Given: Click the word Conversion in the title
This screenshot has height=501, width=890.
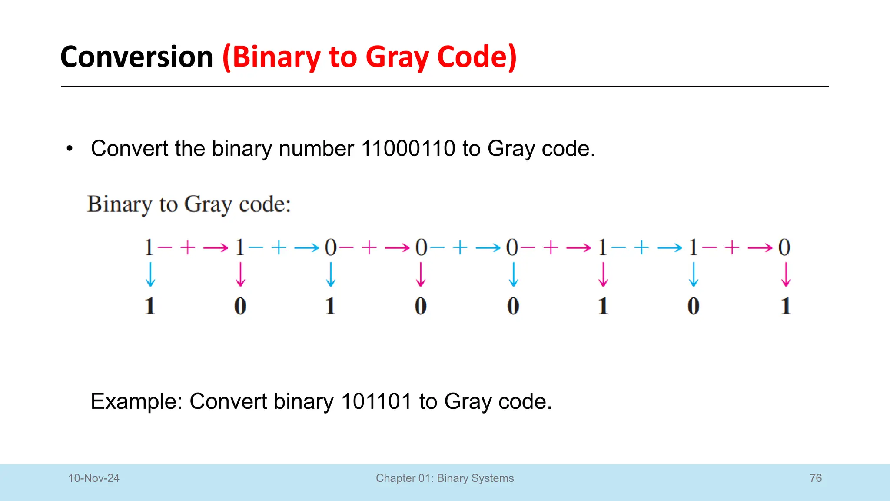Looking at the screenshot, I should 136,57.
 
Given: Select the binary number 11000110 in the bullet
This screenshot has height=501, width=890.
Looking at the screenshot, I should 408,149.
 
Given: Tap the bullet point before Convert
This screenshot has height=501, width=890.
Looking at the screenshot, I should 70,149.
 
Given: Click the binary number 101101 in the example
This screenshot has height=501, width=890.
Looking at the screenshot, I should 376,401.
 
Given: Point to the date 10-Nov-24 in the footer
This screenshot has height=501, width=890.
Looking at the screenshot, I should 93,478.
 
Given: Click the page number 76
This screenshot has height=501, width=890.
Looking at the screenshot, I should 816,478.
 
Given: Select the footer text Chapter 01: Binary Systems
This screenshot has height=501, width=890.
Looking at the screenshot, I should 445,478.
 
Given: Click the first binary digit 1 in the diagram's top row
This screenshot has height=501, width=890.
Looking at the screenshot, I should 149,247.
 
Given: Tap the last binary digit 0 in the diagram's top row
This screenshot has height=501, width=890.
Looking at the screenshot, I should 784,247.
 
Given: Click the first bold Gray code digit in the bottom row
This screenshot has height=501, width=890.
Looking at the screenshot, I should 150,306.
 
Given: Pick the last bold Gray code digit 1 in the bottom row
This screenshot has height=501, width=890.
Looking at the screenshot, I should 786,306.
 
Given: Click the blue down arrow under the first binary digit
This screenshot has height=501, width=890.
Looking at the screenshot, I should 150,274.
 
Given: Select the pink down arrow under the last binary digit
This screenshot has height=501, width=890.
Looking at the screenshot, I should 786,274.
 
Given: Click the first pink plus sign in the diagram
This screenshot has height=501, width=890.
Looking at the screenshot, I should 188,247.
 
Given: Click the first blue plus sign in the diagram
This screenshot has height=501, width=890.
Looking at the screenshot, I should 279,247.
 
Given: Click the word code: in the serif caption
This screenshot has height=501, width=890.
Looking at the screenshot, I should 265,204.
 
